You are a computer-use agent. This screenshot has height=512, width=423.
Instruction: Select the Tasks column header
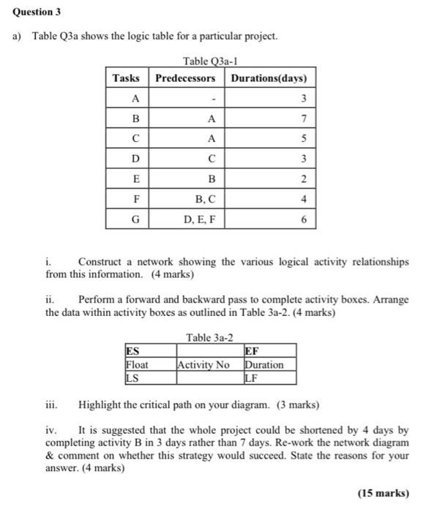click(x=127, y=78)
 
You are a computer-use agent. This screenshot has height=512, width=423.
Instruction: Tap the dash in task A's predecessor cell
click(x=211, y=99)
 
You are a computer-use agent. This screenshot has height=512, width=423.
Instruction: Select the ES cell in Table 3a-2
click(x=132, y=351)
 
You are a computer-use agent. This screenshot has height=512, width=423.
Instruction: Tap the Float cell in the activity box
click(x=137, y=364)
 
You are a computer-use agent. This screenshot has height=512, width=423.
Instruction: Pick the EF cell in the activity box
click(x=252, y=351)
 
